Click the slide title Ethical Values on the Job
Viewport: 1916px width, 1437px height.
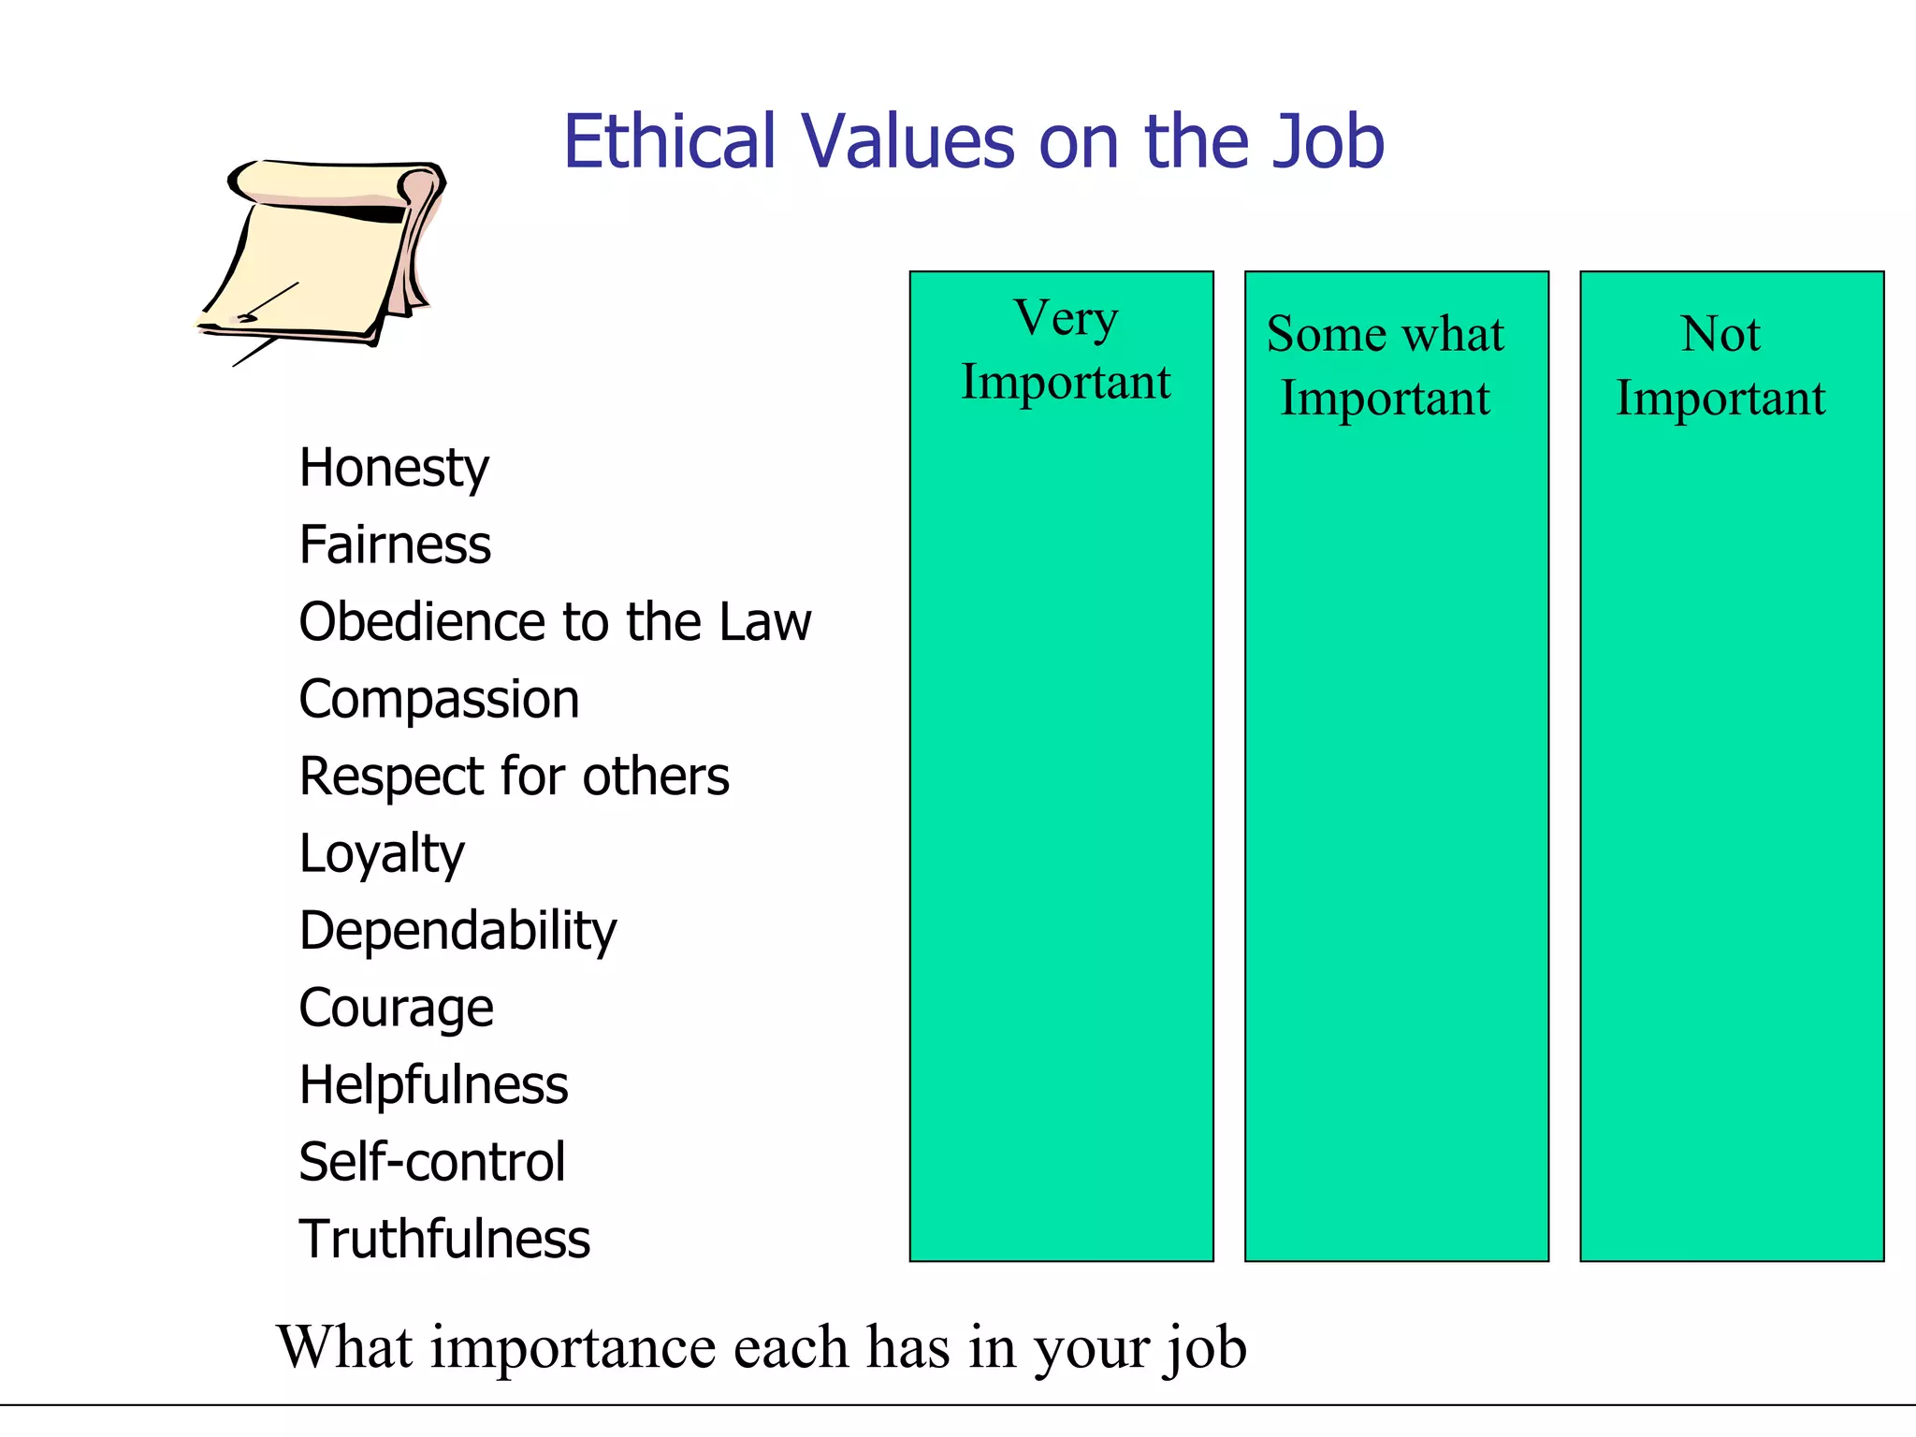coord(973,142)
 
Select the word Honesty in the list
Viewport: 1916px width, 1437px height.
coord(394,468)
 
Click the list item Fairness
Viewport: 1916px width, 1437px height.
coord(395,544)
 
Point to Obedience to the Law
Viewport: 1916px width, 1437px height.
coord(555,622)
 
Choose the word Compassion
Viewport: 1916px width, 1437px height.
coord(439,700)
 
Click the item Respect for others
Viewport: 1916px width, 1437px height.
coord(514,777)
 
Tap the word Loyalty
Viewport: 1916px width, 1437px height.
coord(382,854)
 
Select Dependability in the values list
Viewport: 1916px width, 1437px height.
coord(457,931)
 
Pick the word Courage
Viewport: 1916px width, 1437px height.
coord(396,1009)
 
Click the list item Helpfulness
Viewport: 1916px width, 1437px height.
coord(433,1085)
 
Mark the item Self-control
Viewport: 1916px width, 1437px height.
coord(432,1162)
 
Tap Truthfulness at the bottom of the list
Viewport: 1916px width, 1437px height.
coord(444,1240)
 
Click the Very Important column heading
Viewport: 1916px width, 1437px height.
coord(1066,350)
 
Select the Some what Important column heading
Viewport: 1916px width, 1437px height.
coord(1386,366)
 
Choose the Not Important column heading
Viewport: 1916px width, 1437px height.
coord(1720,366)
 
